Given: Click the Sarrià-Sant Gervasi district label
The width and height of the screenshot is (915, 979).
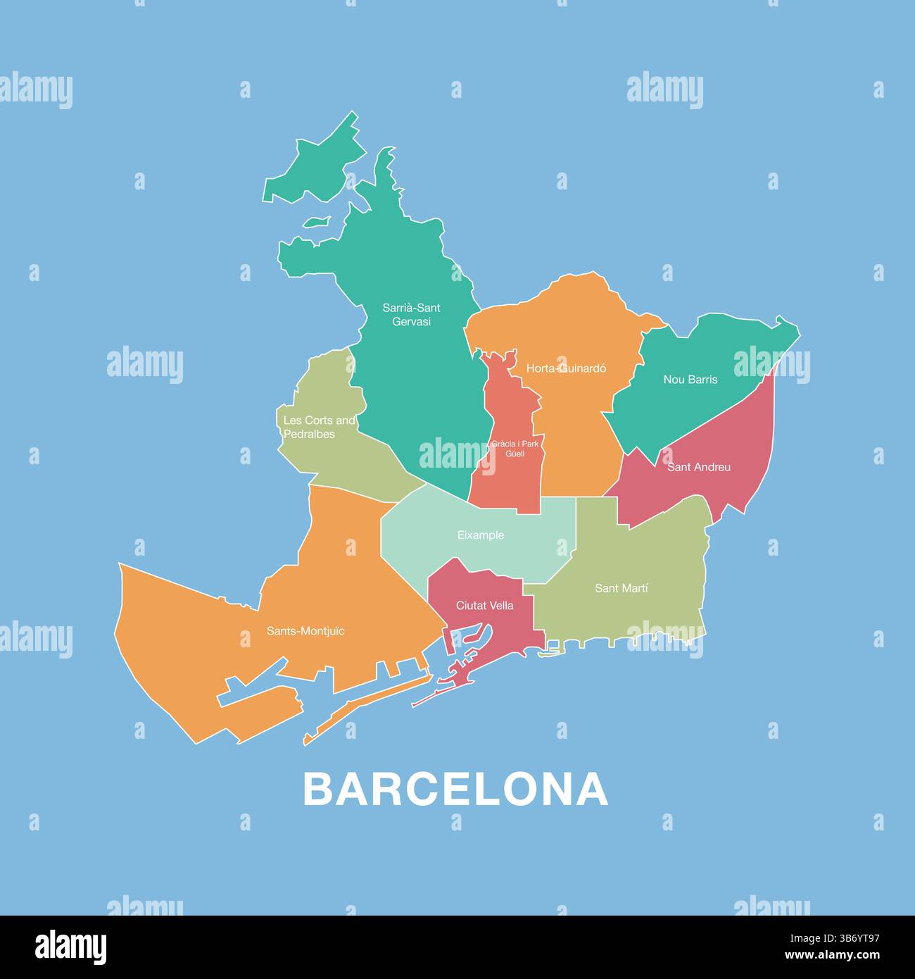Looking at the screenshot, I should (x=411, y=315).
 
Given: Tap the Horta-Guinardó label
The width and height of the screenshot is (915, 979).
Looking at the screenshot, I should (x=566, y=368).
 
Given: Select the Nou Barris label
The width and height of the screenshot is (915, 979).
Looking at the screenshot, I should (x=690, y=380).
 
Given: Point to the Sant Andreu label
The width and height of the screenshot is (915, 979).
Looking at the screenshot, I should (x=698, y=467).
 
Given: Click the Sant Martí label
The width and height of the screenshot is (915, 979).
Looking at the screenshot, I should (x=621, y=588).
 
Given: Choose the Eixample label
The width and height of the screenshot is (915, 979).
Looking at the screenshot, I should (x=481, y=535).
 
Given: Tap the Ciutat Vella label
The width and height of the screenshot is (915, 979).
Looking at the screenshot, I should (x=484, y=606).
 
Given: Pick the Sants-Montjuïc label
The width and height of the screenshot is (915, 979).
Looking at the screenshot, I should (x=305, y=631).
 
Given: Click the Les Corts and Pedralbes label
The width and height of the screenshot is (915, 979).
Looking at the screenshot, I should (x=319, y=428).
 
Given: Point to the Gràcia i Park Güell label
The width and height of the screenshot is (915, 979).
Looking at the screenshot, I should (x=515, y=449).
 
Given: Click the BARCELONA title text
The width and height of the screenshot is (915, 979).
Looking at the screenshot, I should (x=455, y=790).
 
